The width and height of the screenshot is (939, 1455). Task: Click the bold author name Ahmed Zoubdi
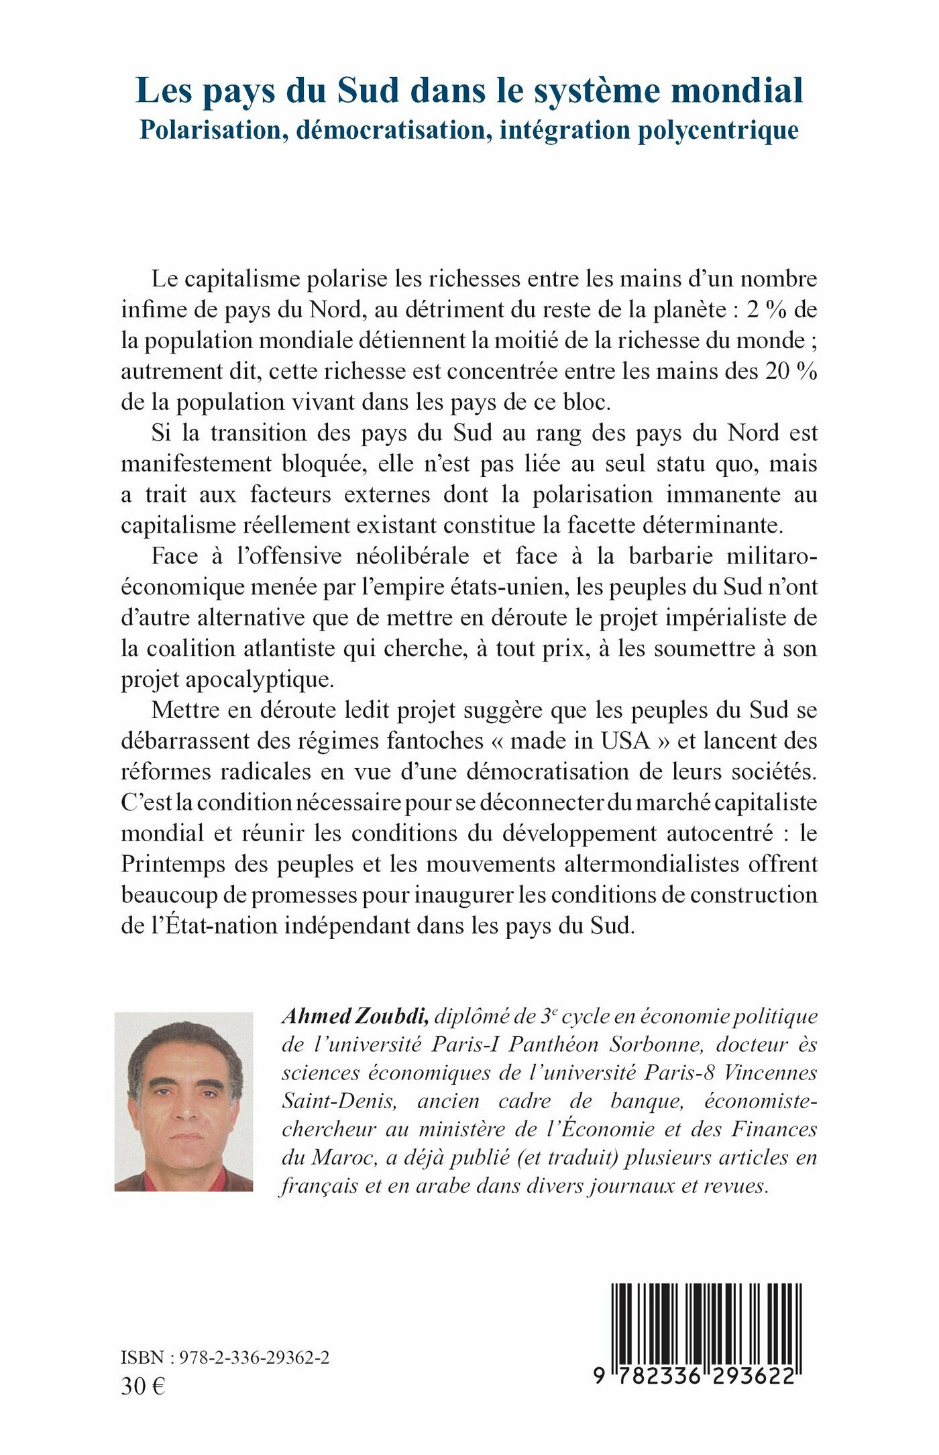(355, 1017)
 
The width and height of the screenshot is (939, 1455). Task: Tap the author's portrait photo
(184, 1102)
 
